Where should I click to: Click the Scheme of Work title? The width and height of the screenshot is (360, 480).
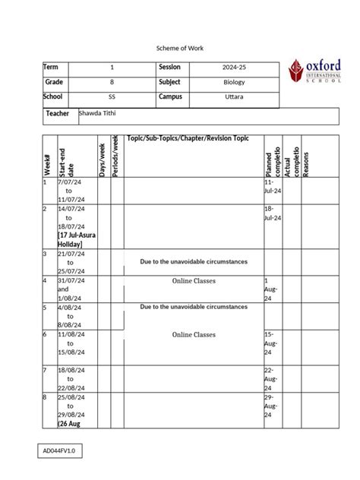180,48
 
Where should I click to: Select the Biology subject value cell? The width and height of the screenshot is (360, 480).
234,82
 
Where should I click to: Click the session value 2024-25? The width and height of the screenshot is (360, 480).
234,68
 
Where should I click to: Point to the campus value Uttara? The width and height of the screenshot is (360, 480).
234,97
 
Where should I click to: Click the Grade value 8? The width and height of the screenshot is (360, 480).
112,82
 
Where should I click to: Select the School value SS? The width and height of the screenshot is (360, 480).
112,97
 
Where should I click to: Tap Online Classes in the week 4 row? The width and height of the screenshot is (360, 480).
194,281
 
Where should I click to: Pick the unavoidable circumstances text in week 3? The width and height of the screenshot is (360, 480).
194,261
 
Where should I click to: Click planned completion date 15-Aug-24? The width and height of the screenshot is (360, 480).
270,343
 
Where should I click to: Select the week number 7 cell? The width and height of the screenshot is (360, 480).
46,370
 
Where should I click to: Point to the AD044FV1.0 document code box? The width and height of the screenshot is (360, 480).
62,452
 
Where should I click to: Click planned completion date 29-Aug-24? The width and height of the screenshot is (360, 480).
270,407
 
